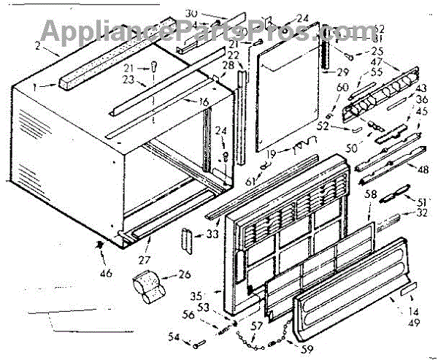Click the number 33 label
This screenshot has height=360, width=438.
(212, 234)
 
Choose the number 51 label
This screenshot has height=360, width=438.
(422, 202)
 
